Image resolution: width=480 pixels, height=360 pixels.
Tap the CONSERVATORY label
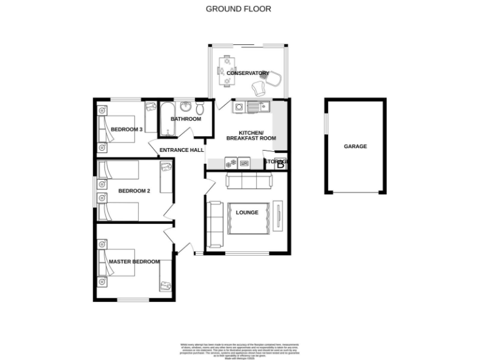(x=247, y=73)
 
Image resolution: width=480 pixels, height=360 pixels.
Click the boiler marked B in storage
(x=281, y=164)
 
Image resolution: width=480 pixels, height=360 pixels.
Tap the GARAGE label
(x=355, y=146)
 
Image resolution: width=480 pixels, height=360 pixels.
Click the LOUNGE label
(x=247, y=212)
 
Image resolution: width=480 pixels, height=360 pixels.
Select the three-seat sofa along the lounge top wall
(x=249, y=182)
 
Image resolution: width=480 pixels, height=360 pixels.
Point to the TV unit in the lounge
(x=277, y=216)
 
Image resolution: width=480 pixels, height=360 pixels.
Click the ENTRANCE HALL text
(x=182, y=150)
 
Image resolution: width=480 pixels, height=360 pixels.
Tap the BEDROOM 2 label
(x=134, y=191)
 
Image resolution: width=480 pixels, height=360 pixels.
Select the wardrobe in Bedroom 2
(x=166, y=177)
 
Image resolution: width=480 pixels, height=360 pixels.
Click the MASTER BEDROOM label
(x=134, y=261)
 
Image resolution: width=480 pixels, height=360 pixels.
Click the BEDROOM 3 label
(x=127, y=129)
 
